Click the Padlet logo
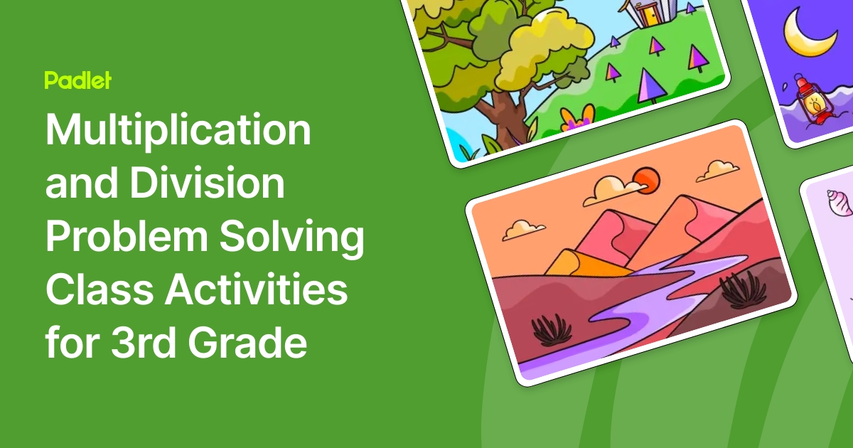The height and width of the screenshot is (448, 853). coord(77,80)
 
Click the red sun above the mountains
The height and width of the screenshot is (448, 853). coord(646,179)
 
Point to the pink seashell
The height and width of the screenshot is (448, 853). coord(838,203)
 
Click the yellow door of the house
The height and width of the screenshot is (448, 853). coord(648,13)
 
